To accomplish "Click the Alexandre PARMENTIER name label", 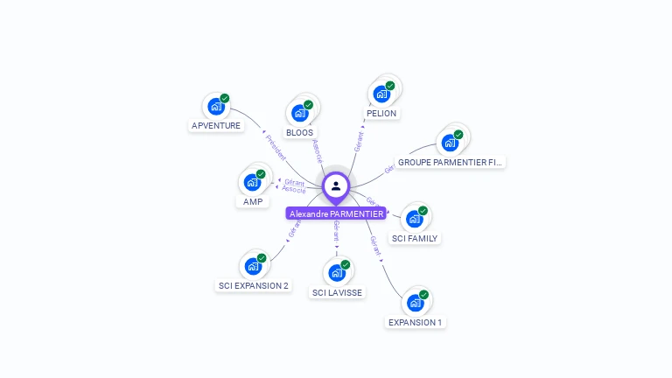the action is click(x=336, y=213).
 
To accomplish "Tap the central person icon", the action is click(x=336, y=185).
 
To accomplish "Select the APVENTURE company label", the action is click(x=216, y=126).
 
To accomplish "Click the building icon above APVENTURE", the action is click(x=215, y=107).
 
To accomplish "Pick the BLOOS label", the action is click(x=299, y=133).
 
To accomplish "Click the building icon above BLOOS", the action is click(x=299, y=113).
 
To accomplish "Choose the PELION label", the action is click(x=381, y=114).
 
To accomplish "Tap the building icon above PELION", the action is click(x=381, y=94).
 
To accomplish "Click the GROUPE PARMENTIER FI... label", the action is click(x=451, y=163).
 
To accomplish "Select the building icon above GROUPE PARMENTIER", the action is click(x=450, y=143).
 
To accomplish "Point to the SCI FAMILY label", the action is click(x=415, y=238).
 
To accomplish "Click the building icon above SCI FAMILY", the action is click(x=414, y=218).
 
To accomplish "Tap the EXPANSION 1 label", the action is click(x=416, y=322).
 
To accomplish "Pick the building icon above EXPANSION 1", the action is click(x=415, y=303).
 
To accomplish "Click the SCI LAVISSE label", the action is click(x=337, y=292).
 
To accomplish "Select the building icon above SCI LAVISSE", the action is click(x=337, y=272).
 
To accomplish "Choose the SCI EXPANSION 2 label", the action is click(x=253, y=286).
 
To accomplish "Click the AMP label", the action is click(x=253, y=202).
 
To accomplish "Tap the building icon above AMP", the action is click(x=252, y=182).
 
